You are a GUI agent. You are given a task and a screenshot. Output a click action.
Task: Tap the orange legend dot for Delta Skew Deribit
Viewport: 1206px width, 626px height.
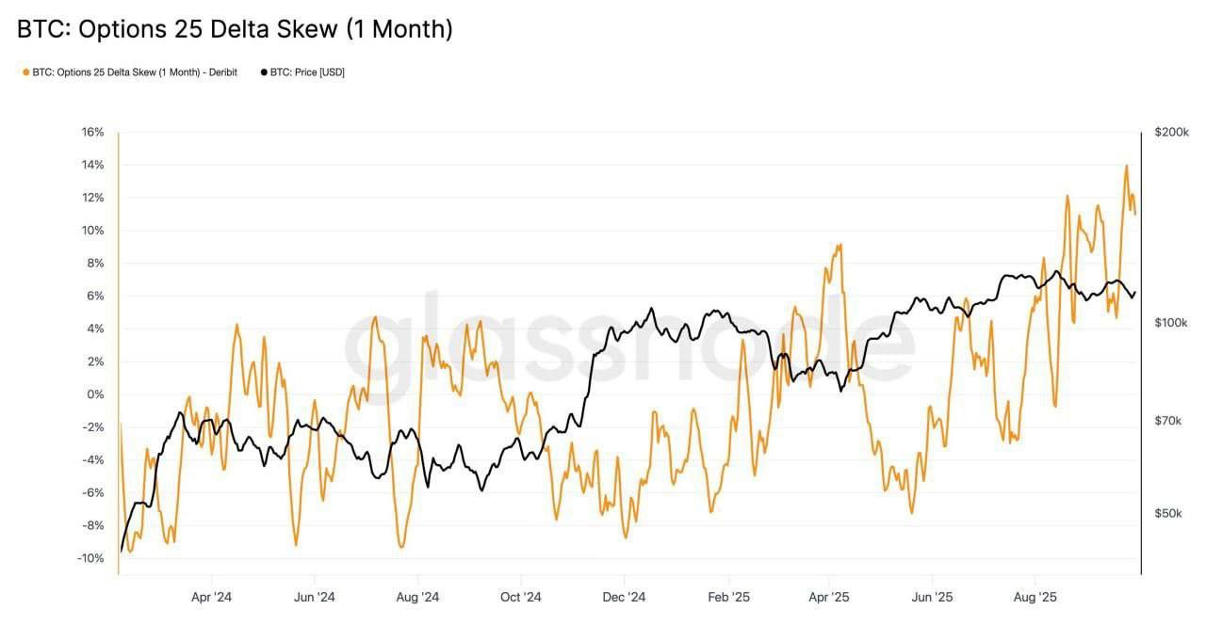point(26,72)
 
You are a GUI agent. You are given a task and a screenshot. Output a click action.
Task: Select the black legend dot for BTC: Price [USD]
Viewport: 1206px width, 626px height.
point(265,72)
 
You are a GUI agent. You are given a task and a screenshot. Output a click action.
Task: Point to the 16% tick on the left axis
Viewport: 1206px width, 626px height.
point(92,132)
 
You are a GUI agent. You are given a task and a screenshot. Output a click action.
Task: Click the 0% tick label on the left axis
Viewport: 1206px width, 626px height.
point(95,394)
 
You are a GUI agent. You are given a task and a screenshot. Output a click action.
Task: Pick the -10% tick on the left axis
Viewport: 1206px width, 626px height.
point(90,558)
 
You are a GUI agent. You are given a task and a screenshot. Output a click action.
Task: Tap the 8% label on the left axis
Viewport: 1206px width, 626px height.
point(95,264)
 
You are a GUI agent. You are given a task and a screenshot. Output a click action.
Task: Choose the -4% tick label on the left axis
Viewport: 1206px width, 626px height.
point(92,460)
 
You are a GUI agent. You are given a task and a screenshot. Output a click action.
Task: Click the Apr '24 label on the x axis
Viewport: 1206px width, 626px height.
point(211,597)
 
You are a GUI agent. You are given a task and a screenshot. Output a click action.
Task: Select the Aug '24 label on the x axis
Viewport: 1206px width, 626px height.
point(417,597)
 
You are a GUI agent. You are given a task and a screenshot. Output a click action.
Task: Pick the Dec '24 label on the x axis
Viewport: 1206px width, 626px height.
point(624,597)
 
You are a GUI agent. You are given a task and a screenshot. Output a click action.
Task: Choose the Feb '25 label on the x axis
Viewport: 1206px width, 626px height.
point(727,597)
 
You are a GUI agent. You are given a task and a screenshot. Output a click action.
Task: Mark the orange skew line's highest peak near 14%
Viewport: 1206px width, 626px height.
point(1126,166)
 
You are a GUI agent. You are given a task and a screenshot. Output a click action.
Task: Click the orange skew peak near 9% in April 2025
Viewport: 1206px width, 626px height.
point(838,245)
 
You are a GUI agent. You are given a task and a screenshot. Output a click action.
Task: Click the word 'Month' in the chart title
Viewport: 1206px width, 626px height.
point(404,29)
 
